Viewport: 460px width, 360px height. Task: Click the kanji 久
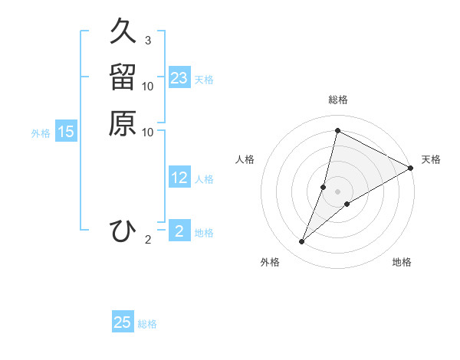tap(123, 33)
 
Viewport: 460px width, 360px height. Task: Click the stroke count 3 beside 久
tap(147, 41)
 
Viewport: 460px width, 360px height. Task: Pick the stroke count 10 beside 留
tap(148, 86)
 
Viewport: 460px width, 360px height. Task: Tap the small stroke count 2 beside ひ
tap(147, 240)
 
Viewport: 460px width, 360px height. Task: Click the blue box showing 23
tap(179, 78)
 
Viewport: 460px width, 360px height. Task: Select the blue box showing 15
tap(66, 132)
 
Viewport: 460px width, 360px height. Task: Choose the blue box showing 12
tap(179, 178)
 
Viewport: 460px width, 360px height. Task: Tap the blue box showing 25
tap(123, 322)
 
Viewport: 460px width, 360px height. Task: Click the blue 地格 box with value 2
tap(179, 231)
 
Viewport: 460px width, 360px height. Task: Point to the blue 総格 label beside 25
tap(147, 324)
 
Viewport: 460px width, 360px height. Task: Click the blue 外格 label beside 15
tap(41, 133)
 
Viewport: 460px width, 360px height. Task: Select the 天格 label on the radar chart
tap(431, 159)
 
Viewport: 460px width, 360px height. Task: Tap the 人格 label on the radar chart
tap(245, 159)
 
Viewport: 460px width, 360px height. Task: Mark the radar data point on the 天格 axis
tap(411, 168)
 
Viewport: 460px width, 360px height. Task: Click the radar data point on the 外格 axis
tap(302, 242)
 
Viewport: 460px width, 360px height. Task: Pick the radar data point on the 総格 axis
tap(337, 131)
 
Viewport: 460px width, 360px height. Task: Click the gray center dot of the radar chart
tap(337, 191)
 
